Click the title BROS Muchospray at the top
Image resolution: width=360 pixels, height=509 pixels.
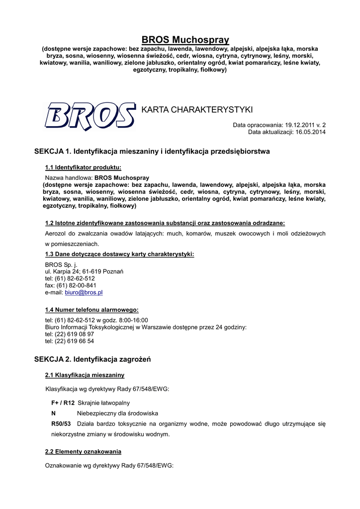click(x=185, y=39)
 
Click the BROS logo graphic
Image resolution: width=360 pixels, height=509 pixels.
click(x=90, y=116)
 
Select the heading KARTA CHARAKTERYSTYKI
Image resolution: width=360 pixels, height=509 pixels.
click(x=197, y=109)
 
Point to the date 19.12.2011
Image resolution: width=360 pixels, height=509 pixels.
click(x=300, y=125)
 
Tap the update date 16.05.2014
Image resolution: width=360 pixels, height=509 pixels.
click(x=311, y=132)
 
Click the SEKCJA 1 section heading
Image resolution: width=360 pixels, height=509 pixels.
click(x=152, y=151)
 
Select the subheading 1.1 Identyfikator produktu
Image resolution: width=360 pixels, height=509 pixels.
click(x=83, y=167)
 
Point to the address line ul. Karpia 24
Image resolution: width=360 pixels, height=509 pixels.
click(x=84, y=272)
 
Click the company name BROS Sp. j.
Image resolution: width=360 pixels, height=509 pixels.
click(x=61, y=265)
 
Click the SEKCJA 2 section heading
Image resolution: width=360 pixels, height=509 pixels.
click(x=92, y=359)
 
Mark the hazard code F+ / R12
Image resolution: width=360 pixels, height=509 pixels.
click(x=63, y=403)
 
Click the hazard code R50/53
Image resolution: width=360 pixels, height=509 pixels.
click(x=61, y=424)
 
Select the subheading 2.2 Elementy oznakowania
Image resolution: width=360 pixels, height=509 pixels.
click(x=83, y=451)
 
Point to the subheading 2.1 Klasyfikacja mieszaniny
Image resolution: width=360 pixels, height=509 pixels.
click(x=85, y=375)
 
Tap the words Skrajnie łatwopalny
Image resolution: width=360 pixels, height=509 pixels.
click(x=103, y=403)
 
